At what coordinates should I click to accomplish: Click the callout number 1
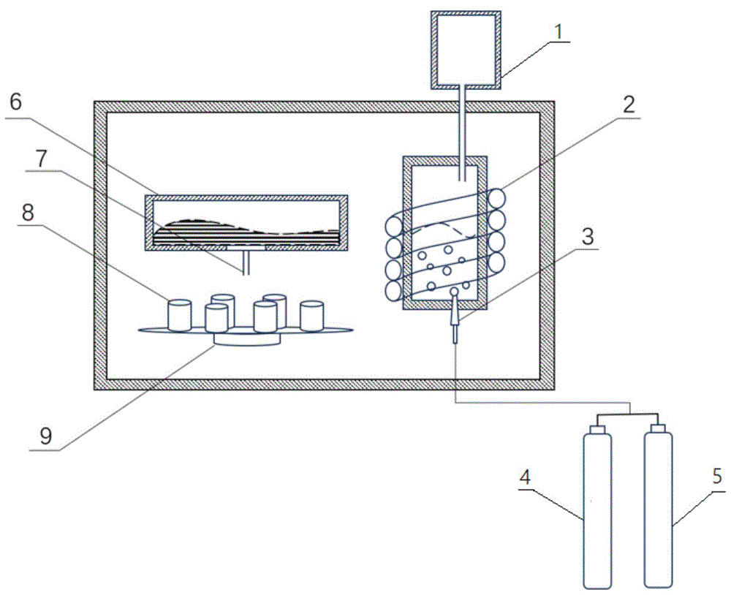(558, 31)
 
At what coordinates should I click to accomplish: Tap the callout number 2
(629, 105)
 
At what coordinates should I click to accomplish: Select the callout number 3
(588, 236)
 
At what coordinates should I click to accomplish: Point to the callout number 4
(526, 477)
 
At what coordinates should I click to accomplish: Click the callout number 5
(717, 476)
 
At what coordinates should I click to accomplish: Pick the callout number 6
(16, 102)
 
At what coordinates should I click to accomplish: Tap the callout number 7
(42, 159)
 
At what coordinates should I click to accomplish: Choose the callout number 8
(29, 213)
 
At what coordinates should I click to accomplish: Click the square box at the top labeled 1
(466, 50)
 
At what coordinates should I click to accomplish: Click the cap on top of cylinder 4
(597, 428)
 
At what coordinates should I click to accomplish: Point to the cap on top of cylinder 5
(658, 428)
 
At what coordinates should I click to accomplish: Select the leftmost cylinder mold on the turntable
(179, 315)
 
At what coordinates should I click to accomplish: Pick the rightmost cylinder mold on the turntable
(311, 316)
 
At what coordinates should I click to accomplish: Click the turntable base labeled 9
(247, 339)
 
